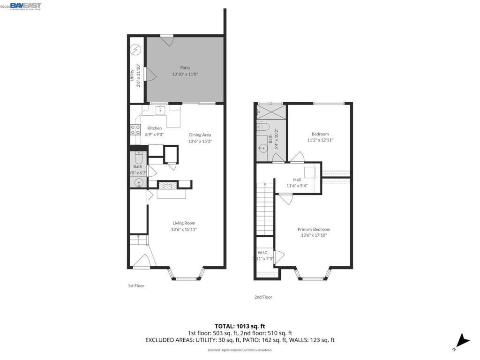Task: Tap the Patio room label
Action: pos(185,68)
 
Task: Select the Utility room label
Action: pos(132,75)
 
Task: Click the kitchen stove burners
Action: pos(135,129)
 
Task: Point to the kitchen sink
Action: pos(160,110)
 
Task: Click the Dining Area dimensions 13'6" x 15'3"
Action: pos(200,141)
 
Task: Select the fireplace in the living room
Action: pos(167,186)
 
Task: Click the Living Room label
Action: pos(184,223)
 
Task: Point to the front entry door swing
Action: pos(140,261)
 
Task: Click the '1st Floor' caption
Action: pos(136,285)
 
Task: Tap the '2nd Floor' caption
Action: pos(263,297)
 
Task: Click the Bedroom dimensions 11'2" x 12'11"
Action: pos(320,140)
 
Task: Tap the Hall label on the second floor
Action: pos(297,180)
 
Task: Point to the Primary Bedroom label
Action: pos(314,229)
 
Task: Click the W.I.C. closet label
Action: pos(262,253)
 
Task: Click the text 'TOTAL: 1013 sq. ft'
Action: pos(240,326)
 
